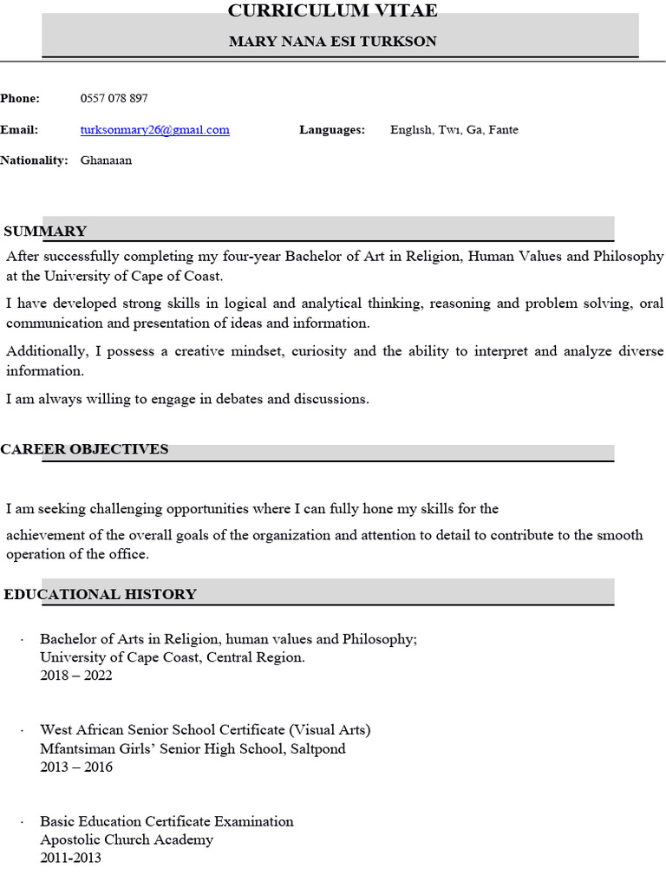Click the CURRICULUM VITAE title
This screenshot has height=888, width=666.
click(332, 11)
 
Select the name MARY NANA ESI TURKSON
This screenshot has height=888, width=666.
click(332, 42)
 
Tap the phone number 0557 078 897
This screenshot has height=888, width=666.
click(114, 99)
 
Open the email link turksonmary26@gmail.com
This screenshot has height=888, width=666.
click(154, 130)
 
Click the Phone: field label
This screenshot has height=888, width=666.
click(20, 99)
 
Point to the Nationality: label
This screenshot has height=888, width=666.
click(34, 160)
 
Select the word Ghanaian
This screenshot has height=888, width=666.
click(106, 160)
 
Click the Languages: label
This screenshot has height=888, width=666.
click(332, 130)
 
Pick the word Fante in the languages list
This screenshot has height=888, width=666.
click(503, 130)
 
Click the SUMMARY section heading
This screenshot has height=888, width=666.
click(45, 232)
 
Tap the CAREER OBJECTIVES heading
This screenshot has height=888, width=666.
click(84, 449)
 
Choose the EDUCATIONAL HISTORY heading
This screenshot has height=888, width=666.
click(101, 595)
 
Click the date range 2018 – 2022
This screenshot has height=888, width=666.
click(76, 676)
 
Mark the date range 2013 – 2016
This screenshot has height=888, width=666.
click(76, 767)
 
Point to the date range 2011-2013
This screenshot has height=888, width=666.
click(70, 858)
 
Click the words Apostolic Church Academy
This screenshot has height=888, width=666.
click(127, 839)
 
